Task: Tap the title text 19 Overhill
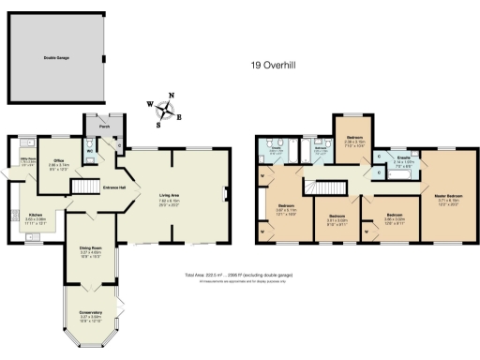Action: coord(276,66)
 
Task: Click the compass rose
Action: coord(166,112)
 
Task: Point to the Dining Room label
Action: coord(90,249)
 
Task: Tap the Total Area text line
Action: coord(240,276)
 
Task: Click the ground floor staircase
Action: coord(86,188)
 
